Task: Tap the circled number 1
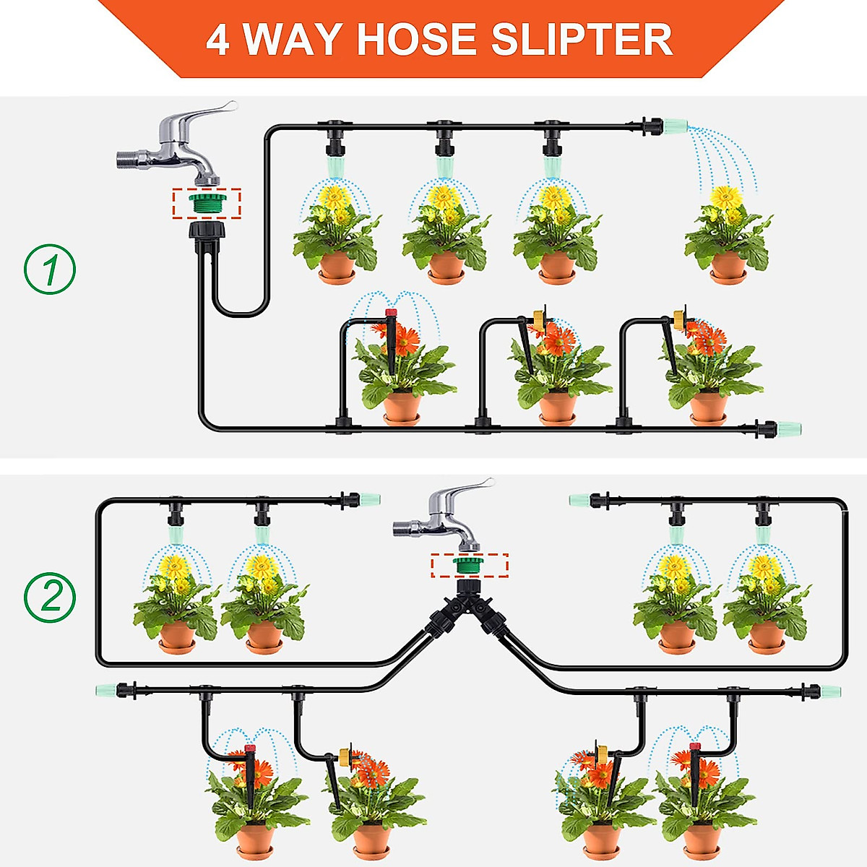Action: (x=50, y=269)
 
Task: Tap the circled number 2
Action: (x=50, y=598)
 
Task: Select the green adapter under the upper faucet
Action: (x=207, y=203)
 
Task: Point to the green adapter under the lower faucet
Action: (x=469, y=565)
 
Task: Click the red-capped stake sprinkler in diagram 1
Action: (x=391, y=314)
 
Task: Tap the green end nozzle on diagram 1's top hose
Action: (x=676, y=127)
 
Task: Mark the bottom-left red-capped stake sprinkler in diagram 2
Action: (x=250, y=750)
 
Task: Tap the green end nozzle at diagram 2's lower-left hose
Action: (x=105, y=690)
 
